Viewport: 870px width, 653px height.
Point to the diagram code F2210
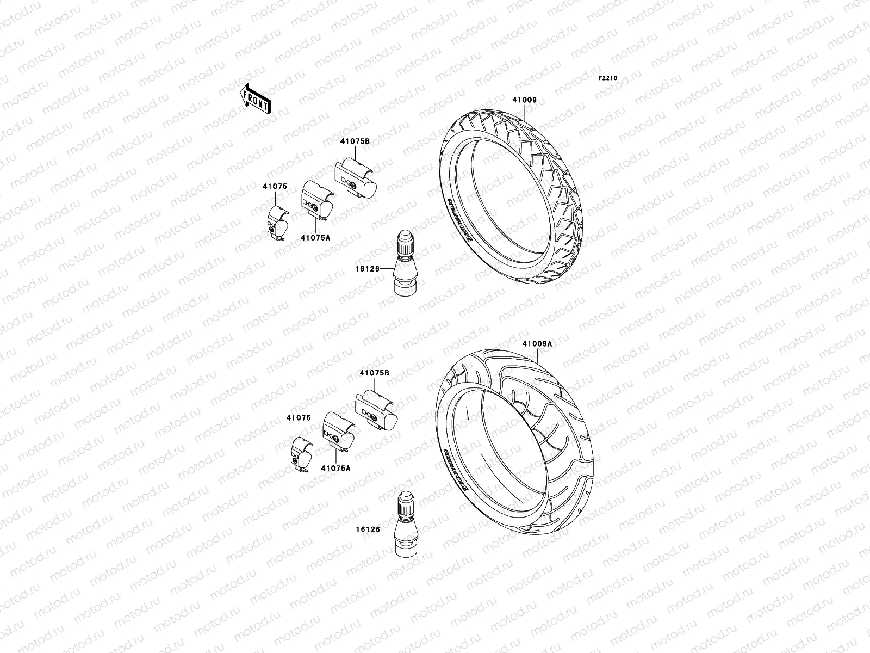[608, 78]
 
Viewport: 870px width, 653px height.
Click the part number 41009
[524, 100]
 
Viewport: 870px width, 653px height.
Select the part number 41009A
[537, 344]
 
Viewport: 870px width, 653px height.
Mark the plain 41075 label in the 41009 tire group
[275, 186]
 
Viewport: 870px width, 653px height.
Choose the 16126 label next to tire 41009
[368, 268]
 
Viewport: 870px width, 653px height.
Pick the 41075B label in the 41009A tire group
[374, 374]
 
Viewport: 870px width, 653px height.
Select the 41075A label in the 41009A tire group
[335, 468]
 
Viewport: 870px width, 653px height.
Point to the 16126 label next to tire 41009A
[368, 528]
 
